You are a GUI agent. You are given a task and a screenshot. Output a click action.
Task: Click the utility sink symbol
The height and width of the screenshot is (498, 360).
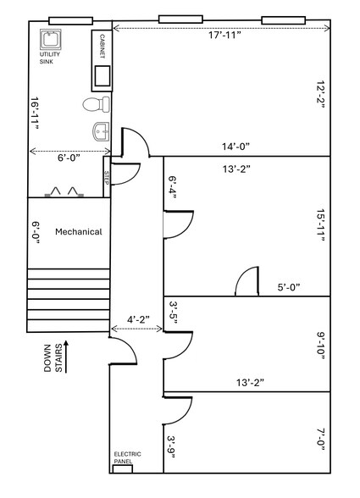(49, 39)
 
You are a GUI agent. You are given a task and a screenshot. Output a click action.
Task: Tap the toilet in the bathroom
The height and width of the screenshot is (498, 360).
(95, 104)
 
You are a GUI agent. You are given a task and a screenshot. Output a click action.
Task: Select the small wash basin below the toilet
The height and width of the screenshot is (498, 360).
(101, 131)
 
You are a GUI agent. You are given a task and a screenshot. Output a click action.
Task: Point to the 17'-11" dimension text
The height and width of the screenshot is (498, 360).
(224, 36)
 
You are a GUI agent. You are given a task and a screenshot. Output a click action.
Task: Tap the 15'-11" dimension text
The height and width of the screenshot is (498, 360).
(321, 226)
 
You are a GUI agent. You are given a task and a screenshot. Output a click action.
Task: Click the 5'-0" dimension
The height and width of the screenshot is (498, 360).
(287, 287)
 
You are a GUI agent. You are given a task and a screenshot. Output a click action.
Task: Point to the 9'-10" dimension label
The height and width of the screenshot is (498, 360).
(321, 346)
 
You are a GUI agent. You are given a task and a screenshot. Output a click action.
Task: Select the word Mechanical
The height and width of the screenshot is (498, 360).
(79, 231)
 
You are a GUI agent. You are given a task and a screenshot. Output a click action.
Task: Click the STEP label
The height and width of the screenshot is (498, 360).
(107, 177)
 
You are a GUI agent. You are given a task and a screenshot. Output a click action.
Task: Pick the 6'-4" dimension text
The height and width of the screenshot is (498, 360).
(172, 191)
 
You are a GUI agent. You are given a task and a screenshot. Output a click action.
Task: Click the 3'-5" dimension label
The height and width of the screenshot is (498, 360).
(172, 314)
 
